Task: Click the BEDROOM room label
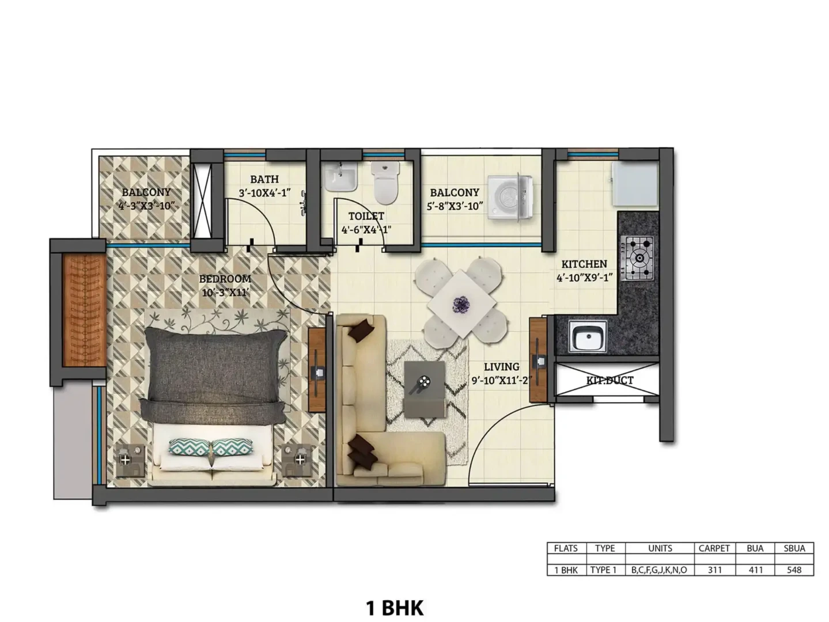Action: point(225,279)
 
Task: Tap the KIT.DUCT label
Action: point(609,380)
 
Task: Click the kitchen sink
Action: point(588,336)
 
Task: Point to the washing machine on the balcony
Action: point(510,196)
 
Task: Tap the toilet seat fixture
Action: point(385,183)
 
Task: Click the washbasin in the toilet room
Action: point(340,177)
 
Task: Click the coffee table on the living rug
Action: point(424,389)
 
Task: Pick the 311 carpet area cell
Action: point(714,570)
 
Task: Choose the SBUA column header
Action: point(794,548)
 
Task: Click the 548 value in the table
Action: point(794,570)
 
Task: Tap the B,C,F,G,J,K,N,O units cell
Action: point(659,570)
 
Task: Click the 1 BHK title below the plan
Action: point(395,608)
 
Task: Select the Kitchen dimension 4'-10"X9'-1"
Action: point(584,278)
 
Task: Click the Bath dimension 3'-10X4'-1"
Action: point(264,193)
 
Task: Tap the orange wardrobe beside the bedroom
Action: point(84,310)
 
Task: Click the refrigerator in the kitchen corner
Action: point(635,184)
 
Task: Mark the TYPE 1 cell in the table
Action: point(603,570)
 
